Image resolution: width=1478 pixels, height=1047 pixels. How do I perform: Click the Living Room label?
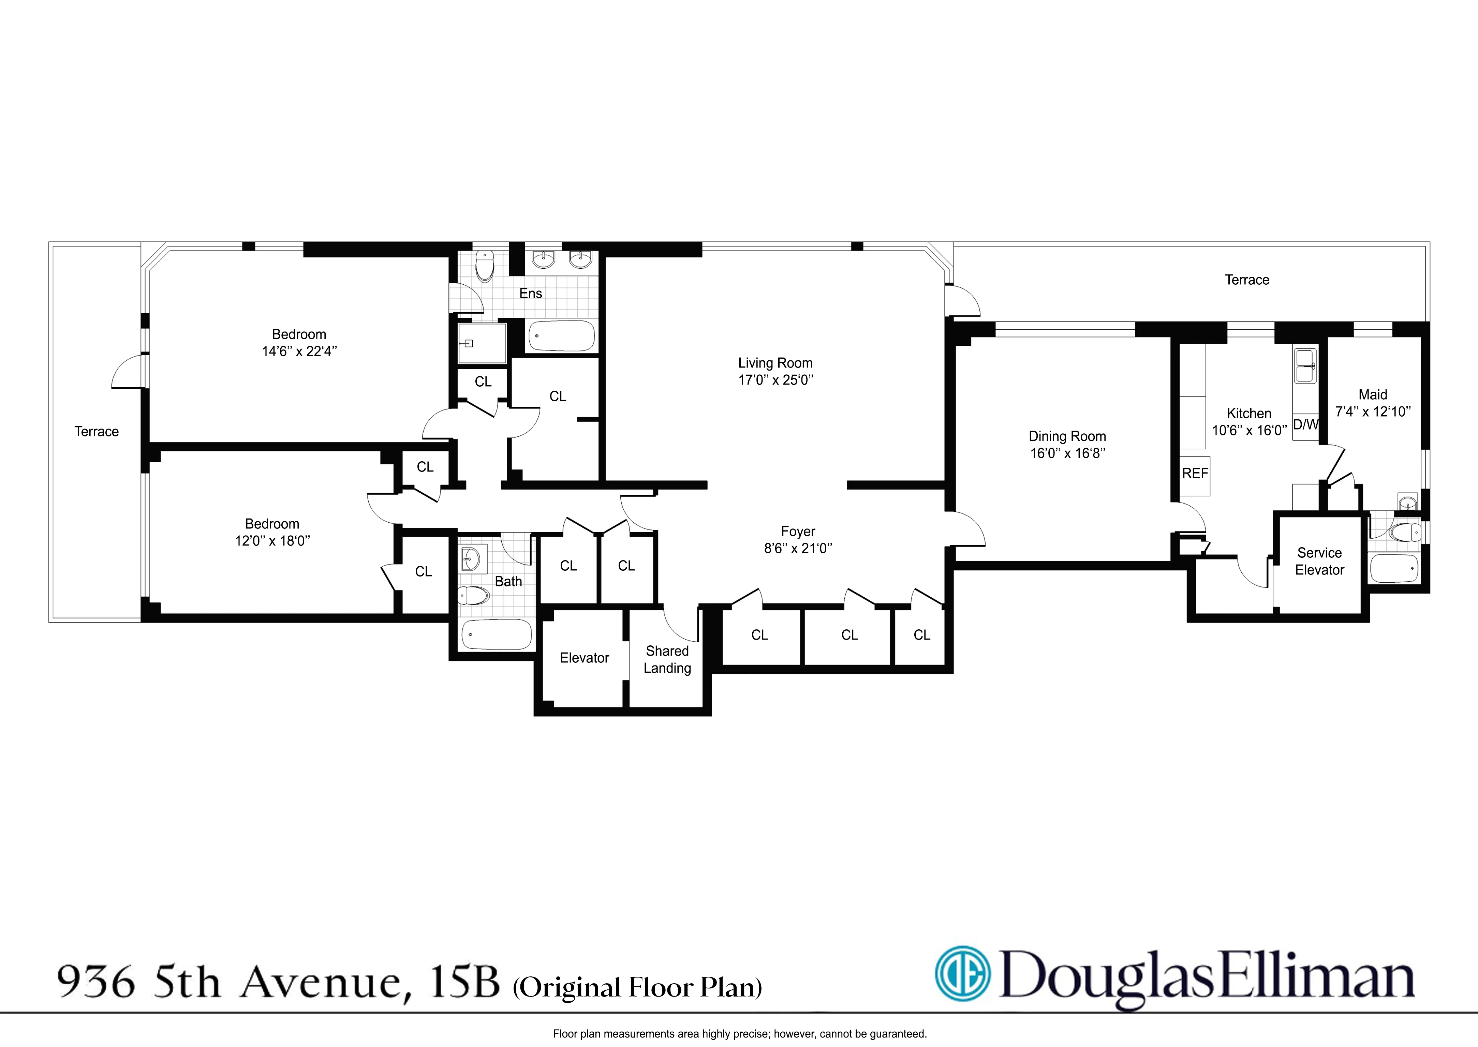775,363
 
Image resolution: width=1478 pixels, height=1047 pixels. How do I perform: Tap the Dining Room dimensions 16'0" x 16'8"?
1067,453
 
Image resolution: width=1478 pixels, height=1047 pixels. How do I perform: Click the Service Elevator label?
1319,562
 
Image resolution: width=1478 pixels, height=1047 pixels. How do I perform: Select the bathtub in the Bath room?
497,634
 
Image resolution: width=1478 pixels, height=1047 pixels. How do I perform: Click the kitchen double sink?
1305,365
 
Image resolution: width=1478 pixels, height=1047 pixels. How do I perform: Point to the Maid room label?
1372,394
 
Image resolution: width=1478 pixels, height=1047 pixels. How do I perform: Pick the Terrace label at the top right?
1246,280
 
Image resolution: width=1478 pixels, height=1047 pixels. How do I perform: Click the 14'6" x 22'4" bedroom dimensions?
299,352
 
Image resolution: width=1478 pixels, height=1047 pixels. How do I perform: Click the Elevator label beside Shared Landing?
584,658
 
